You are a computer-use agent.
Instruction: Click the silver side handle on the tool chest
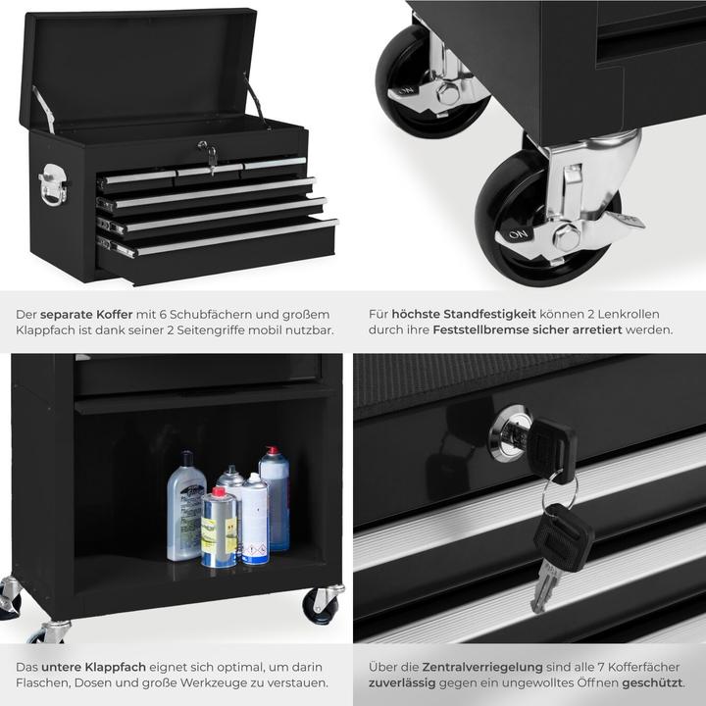pos(53,184)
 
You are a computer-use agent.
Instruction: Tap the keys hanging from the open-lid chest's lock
pos(208,154)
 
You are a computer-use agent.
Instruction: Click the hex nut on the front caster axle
pos(566,235)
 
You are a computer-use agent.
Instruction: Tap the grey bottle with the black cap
pos(185,507)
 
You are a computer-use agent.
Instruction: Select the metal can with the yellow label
pos(219,529)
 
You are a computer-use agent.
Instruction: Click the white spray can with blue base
pos(254,520)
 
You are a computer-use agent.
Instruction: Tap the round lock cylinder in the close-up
pos(509,432)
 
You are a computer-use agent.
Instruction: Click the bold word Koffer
pos(116,314)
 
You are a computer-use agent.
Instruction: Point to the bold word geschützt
pos(652,682)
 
